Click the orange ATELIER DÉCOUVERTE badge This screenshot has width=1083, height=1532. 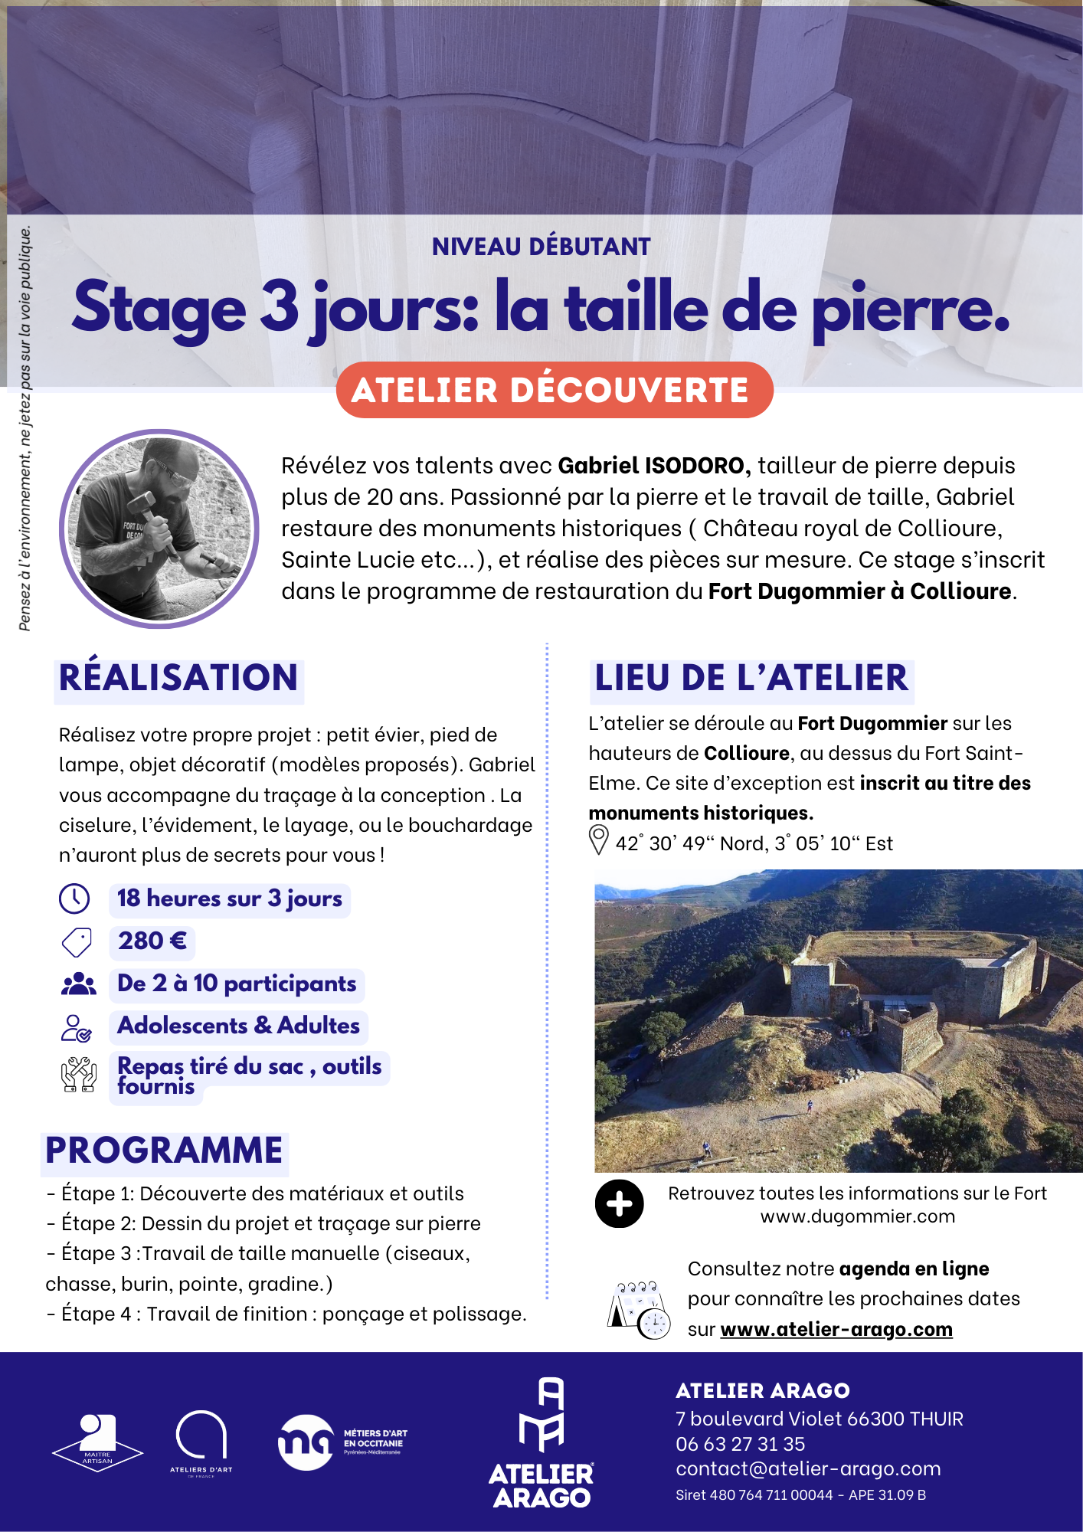(554, 390)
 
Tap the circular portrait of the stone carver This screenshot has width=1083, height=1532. (159, 529)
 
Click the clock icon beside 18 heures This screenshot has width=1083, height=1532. (74, 899)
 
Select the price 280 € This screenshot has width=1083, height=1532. (152, 941)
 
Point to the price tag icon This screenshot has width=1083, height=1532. (77, 942)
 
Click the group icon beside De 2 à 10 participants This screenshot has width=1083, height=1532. (78, 984)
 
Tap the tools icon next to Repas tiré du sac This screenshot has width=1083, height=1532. (78, 1074)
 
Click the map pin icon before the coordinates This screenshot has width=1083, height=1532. (598, 840)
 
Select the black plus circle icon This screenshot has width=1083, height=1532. (619, 1204)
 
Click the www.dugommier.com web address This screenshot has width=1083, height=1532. (857, 1216)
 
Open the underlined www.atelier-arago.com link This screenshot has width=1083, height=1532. (836, 1329)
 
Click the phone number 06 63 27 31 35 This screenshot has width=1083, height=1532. (740, 1444)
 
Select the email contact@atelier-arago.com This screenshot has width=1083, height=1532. (808, 1468)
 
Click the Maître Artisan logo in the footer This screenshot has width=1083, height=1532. (97, 1442)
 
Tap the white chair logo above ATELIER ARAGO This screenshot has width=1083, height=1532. (541, 1415)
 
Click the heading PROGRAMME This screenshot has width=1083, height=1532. (164, 1151)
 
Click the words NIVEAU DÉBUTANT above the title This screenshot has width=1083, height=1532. (541, 247)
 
